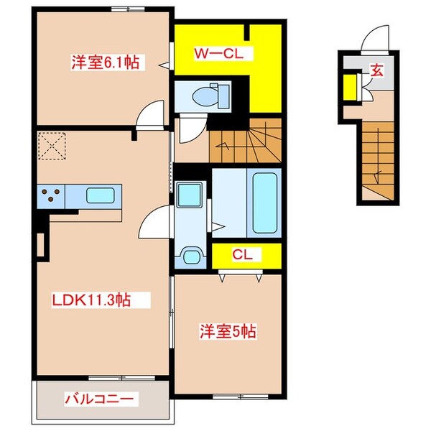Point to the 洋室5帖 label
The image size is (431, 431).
(227, 332)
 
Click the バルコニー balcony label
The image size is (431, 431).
(101, 399)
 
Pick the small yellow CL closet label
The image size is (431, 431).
(241, 254)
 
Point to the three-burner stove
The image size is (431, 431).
(52, 194)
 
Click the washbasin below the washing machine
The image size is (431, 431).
(191, 255)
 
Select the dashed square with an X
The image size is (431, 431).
(52, 147)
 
